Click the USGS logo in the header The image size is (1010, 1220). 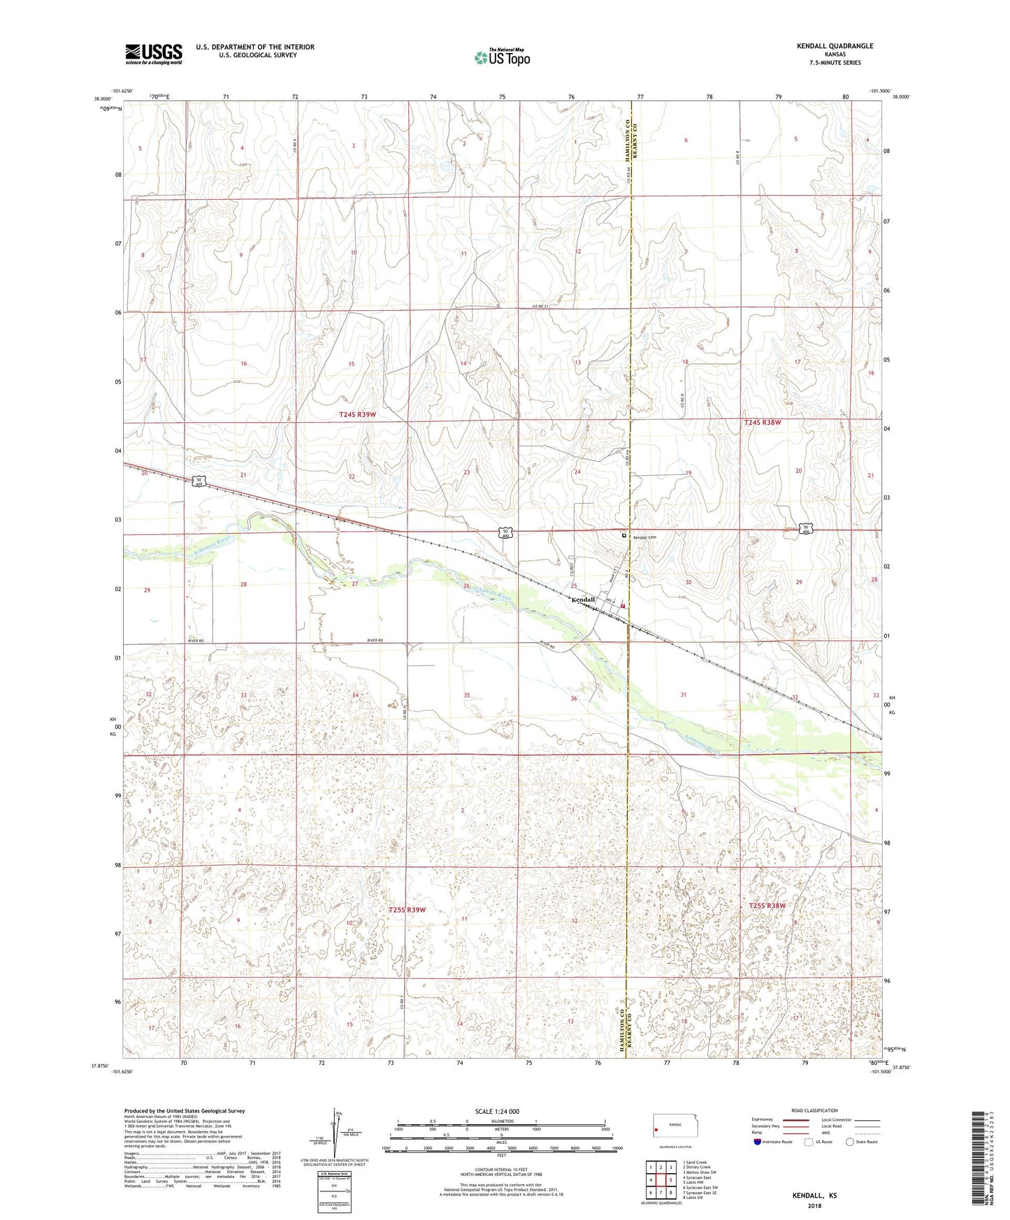[154, 54]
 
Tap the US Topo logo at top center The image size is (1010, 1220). [502, 57]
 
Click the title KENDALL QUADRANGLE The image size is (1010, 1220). [835, 46]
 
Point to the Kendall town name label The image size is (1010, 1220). [583, 600]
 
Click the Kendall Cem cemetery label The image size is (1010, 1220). [645, 537]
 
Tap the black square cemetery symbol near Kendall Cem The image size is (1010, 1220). [624, 535]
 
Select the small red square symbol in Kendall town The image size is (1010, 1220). [622, 607]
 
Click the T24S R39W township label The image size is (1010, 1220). [357, 415]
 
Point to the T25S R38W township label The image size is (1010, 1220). [767, 906]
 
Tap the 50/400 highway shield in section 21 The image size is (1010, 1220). [199, 481]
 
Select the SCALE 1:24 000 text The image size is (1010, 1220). [497, 1111]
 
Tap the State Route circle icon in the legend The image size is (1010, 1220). [850, 1142]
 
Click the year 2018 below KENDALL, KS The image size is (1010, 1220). [814, 1205]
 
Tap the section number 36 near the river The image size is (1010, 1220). [574, 699]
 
